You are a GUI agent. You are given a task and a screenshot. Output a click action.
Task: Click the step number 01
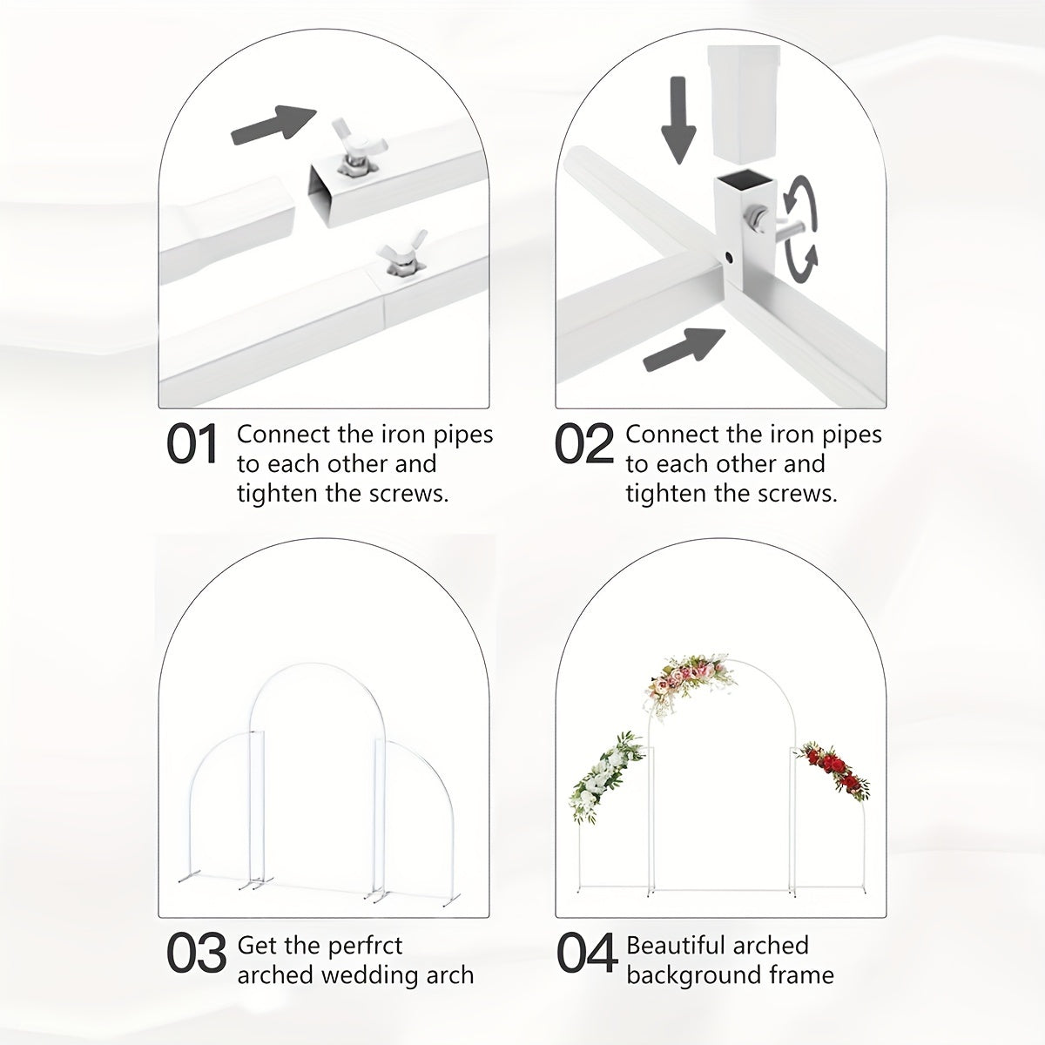pyautogui.click(x=192, y=445)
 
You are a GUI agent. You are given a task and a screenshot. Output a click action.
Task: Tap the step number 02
pyautogui.click(x=584, y=445)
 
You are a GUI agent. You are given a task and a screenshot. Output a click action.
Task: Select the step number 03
pyautogui.click(x=196, y=954)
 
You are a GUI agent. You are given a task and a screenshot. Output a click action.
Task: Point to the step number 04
pyautogui.click(x=587, y=954)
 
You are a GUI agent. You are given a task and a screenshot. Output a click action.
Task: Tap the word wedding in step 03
pyautogui.click(x=370, y=974)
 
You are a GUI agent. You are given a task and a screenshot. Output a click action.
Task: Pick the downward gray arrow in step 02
pyautogui.click(x=678, y=120)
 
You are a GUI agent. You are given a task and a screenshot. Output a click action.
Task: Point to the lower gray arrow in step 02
pyautogui.click(x=684, y=350)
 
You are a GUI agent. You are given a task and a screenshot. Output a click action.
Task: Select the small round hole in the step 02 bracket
pyautogui.click(x=729, y=255)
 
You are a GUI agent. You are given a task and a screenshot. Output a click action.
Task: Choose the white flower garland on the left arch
pyautogui.click(x=606, y=779)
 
